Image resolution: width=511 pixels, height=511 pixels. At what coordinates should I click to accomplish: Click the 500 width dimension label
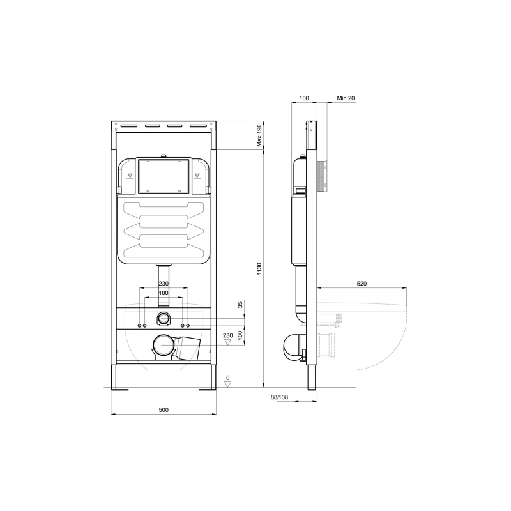coord(164,409)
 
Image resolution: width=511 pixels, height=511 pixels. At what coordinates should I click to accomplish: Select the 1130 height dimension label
coord(259,268)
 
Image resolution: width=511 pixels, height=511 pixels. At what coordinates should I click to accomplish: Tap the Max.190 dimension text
coord(259,135)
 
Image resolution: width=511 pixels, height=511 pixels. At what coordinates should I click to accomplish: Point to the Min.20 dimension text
coord(346,98)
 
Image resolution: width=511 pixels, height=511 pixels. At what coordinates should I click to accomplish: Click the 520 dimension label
coord(362,284)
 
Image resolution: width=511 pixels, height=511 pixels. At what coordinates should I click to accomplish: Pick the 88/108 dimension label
coord(279,397)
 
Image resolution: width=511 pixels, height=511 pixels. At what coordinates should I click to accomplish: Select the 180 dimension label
coord(164,293)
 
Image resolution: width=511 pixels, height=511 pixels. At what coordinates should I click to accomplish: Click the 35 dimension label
coord(240,305)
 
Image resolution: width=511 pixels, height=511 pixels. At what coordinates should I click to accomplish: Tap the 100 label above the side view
coord(304,98)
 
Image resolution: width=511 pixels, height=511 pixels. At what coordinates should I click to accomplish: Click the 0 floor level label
coord(228,378)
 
